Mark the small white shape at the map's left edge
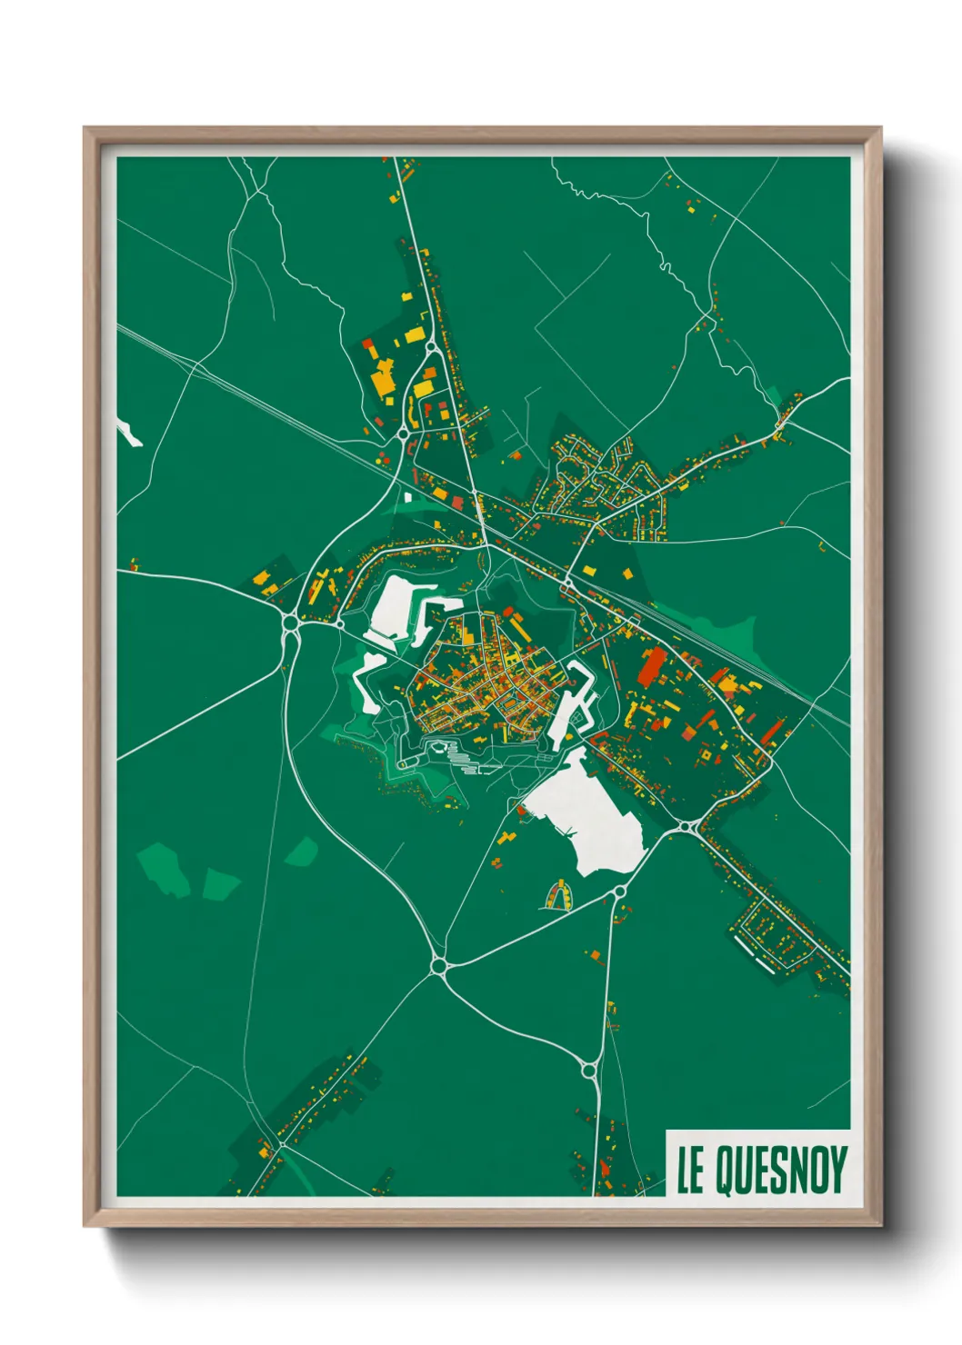[x=128, y=433]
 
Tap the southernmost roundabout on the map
[x=588, y=1071]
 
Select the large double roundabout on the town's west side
[x=291, y=625]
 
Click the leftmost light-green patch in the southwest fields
[x=162, y=868]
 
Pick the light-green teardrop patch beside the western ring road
[x=302, y=852]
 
